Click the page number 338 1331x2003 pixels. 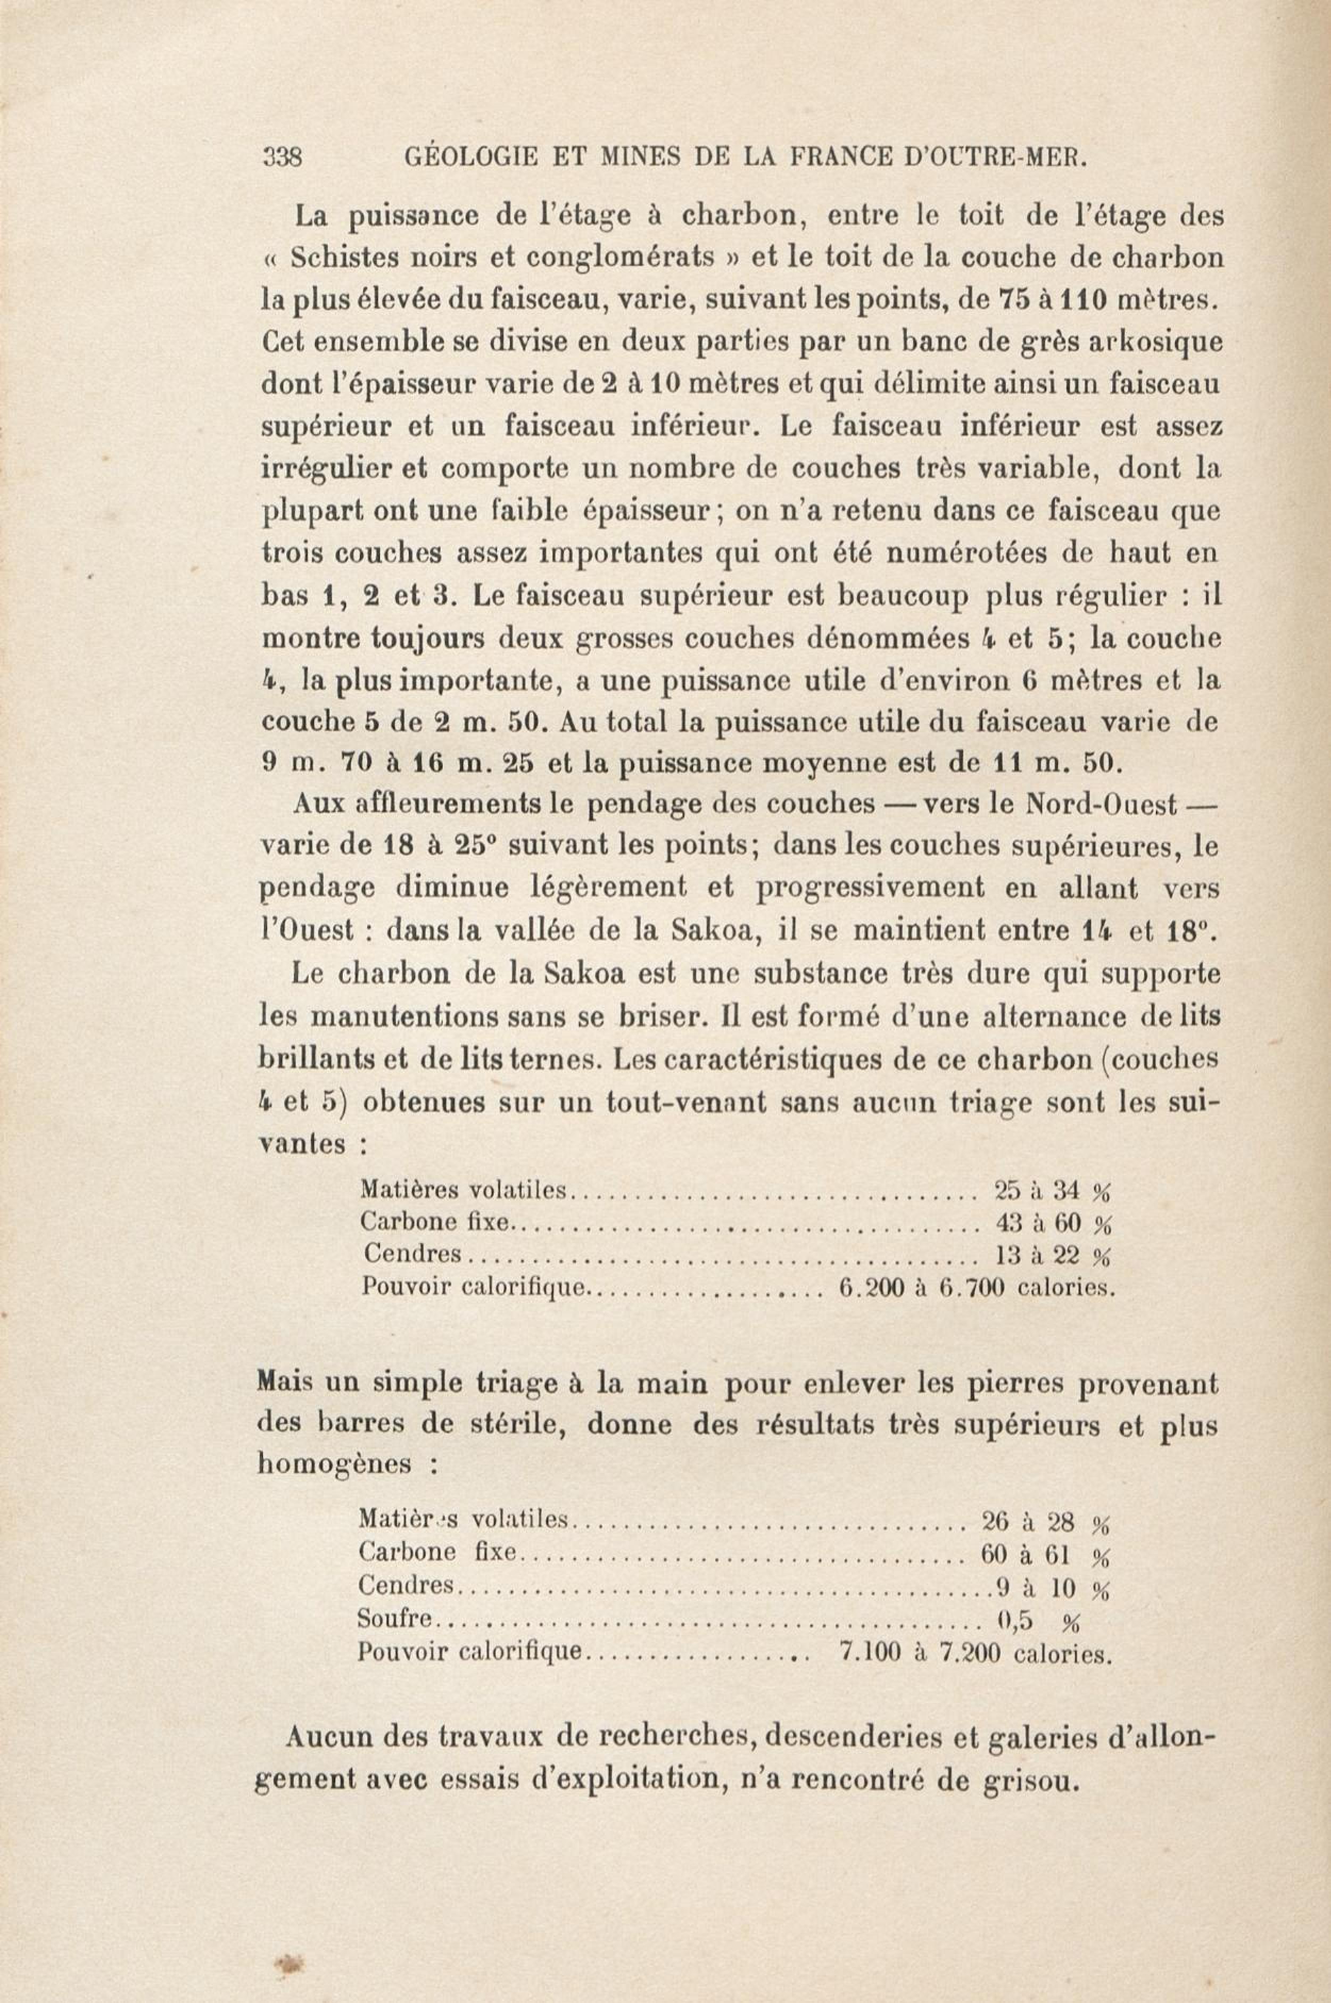pyautogui.click(x=284, y=158)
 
